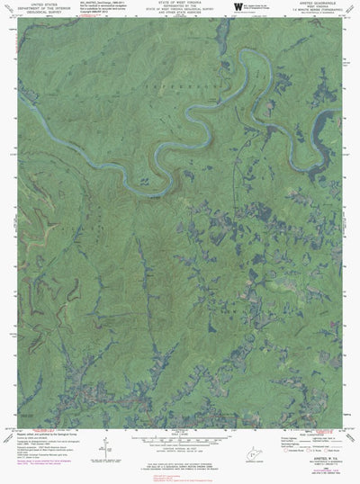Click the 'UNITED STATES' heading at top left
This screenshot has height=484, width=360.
tap(38, 4)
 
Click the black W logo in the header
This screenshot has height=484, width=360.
tap(238, 6)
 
